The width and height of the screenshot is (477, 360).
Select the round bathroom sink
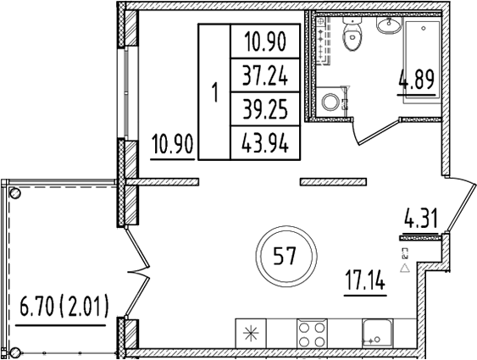pos(389,27)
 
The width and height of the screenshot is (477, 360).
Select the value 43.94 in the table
pos(264,143)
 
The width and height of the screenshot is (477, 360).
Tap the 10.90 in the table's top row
pos(264,42)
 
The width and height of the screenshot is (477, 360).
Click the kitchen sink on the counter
pos(373,332)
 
